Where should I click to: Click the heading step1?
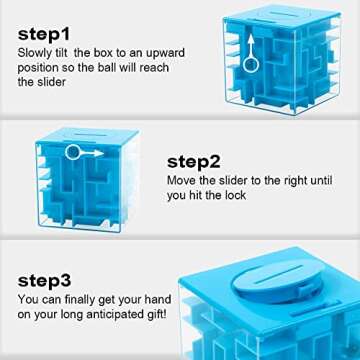(x=44, y=33)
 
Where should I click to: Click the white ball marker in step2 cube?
(x=73, y=152)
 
